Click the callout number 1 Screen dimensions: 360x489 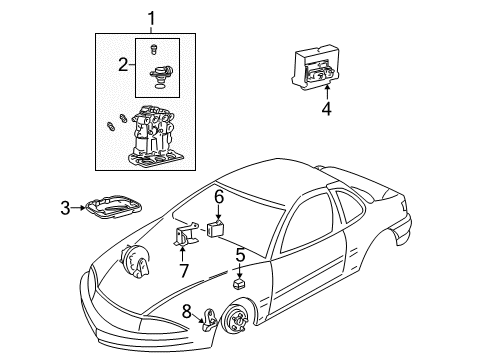coord(152,17)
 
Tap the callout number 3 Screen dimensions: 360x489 coord(65,208)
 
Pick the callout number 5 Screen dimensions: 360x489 coord(240,254)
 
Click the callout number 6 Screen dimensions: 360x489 coord(218,199)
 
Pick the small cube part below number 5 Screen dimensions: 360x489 coord(239,285)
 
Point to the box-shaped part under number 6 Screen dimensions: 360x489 coord(216,228)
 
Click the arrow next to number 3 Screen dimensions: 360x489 coord(82,208)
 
